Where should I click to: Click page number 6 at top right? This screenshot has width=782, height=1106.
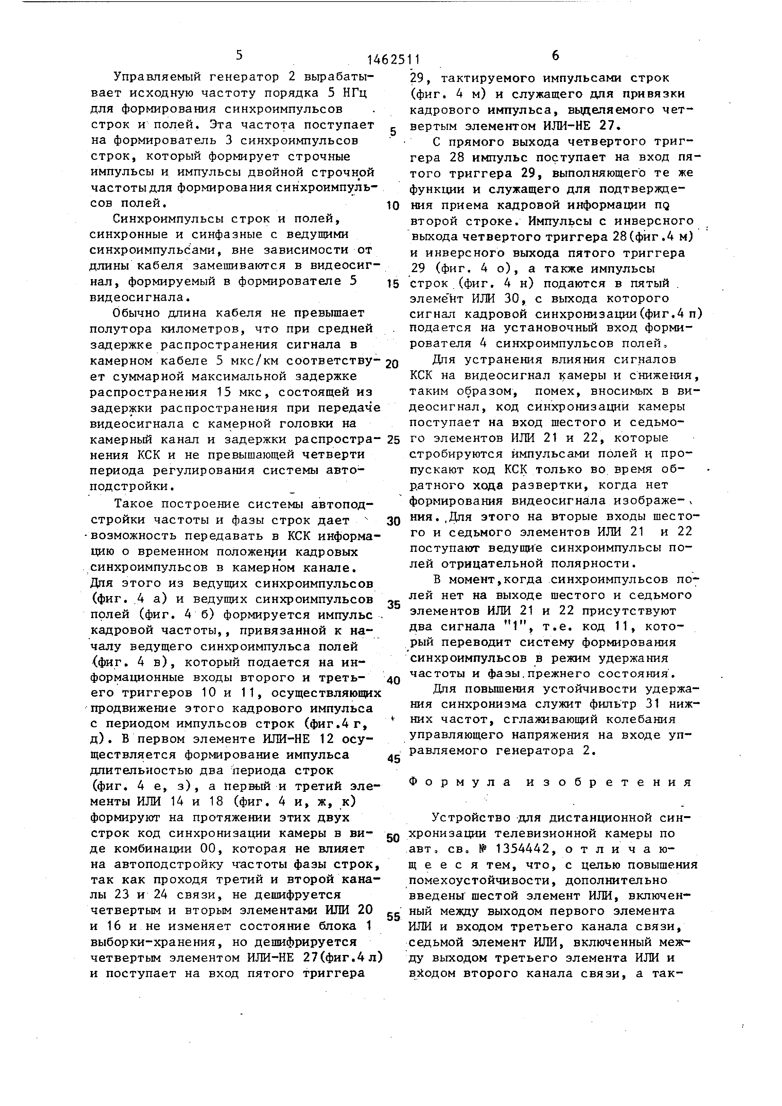coord(555,56)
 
